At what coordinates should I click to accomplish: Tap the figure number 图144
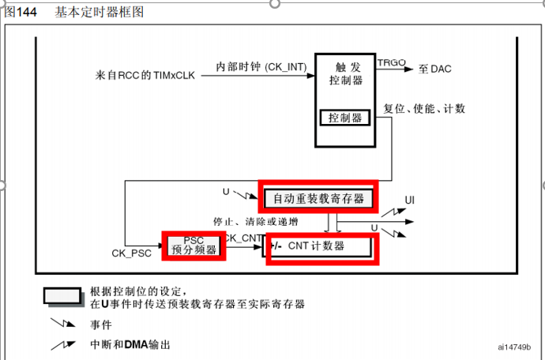(21, 13)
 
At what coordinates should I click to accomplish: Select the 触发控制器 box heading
(345, 73)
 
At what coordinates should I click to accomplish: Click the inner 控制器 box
(345, 118)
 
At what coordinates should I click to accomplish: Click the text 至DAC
(434, 69)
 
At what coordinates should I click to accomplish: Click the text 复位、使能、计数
(424, 107)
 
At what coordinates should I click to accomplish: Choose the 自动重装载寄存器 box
(318, 199)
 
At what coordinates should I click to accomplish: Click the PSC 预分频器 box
(194, 246)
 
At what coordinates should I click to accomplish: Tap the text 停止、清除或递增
(254, 221)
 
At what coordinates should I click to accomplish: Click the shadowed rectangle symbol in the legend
(64, 296)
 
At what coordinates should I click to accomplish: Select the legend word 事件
(100, 324)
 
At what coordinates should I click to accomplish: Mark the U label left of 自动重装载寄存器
(226, 192)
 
